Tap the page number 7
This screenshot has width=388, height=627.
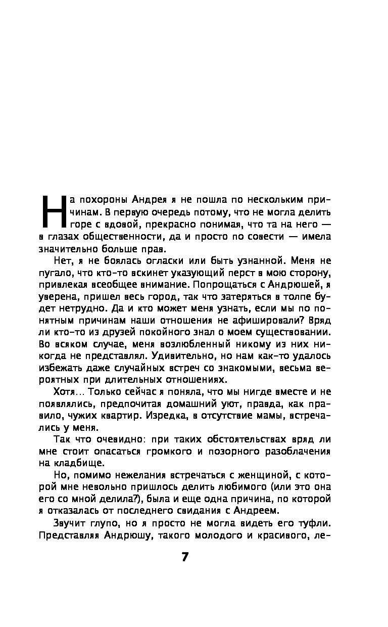click(185, 557)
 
